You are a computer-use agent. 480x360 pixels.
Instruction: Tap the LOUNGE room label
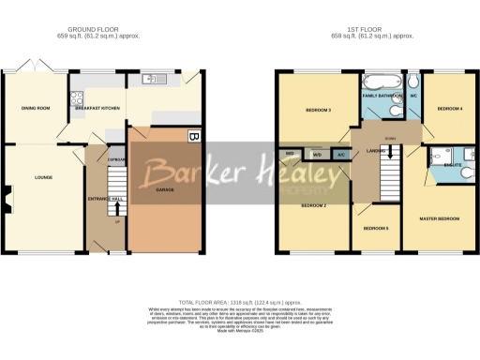pos(42,176)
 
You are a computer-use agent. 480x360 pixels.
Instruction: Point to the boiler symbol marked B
pos(193,136)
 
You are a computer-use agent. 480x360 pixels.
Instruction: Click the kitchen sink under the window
pos(148,79)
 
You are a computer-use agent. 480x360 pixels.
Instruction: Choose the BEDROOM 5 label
pos(376,228)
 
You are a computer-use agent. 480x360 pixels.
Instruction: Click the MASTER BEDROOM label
pos(439,217)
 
